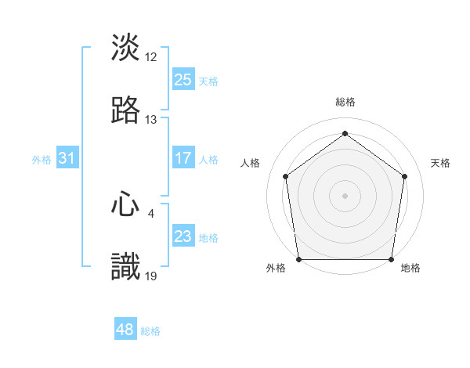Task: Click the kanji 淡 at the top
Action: (126, 48)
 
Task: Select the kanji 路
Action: (126, 110)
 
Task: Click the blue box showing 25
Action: (183, 80)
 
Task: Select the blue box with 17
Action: (183, 158)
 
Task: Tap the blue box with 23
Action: (183, 236)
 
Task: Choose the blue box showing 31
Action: (67, 158)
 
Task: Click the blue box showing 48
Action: (125, 330)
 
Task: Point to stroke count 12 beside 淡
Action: (151, 57)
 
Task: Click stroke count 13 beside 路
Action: (151, 120)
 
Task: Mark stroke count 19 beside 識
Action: (151, 276)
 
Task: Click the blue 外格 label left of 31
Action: (42, 159)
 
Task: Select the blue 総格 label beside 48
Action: (151, 331)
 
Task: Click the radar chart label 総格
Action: (345, 102)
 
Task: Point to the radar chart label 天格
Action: (440, 163)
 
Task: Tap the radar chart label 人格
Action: (250, 163)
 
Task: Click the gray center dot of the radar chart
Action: (345, 195)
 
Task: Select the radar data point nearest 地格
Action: (391, 259)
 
